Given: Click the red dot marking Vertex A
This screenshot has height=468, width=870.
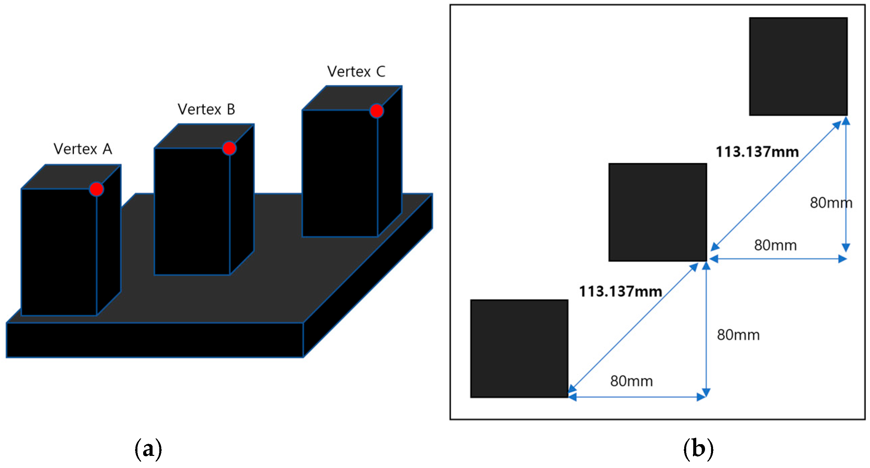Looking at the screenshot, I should click(96, 189).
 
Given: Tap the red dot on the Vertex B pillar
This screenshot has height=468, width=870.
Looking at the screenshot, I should click(229, 148).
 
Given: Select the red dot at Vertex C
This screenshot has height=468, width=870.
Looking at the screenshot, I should click(376, 111).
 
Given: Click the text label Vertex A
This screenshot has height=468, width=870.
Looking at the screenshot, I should click(83, 149).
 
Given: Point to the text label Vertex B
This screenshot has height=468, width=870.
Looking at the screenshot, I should click(206, 110).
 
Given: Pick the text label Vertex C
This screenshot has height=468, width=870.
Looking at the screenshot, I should click(356, 72).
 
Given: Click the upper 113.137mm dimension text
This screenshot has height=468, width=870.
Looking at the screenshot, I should click(757, 152).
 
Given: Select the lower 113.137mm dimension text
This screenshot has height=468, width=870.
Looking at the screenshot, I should click(620, 291).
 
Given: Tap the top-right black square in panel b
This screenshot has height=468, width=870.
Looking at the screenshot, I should click(798, 67).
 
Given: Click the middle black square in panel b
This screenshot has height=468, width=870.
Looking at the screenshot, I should click(658, 212).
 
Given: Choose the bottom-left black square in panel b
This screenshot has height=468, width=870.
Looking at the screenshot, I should click(519, 348).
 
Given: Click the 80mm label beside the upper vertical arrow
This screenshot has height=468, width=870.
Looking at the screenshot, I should click(831, 203).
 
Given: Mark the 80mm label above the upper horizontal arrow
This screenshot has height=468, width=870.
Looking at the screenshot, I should click(776, 245).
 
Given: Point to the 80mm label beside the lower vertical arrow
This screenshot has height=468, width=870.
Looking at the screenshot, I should click(738, 335).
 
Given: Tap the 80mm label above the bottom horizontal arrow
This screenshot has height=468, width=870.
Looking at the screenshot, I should click(631, 381).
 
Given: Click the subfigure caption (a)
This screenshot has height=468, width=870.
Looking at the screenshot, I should click(148, 449).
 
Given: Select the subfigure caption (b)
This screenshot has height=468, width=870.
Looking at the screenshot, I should click(698, 449).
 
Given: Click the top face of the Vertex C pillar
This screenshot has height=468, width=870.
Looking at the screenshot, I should click(351, 98).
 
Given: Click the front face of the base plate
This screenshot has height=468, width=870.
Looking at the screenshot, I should click(154, 340).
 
